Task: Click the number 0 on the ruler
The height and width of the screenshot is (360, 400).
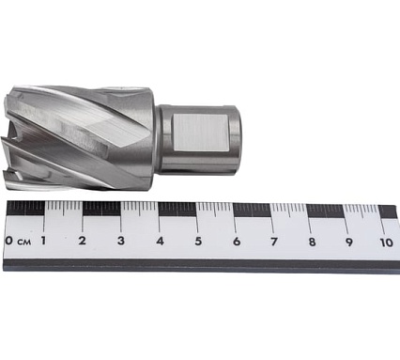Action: click(8, 242)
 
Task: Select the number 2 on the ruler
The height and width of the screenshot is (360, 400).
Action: click(83, 242)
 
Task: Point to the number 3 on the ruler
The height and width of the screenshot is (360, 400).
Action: click(121, 242)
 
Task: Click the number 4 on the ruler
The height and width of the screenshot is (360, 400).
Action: click(160, 242)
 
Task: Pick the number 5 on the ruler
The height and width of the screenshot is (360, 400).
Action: click(198, 242)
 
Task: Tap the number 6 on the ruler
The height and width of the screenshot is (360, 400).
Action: click(236, 242)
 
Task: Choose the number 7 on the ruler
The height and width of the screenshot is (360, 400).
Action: click(273, 242)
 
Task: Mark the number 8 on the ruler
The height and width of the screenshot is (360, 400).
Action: click(311, 242)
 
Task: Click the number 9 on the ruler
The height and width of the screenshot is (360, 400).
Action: click(348, 242)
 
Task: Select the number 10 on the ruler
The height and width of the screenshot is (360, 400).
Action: click(385, 242)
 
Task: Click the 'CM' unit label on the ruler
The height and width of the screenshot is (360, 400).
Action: click(23, 243)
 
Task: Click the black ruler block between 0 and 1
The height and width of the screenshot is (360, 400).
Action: click(25, 209)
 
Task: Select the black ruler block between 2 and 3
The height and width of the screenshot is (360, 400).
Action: click(101, 209)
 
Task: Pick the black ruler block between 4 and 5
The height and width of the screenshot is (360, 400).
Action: click(178, 209)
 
